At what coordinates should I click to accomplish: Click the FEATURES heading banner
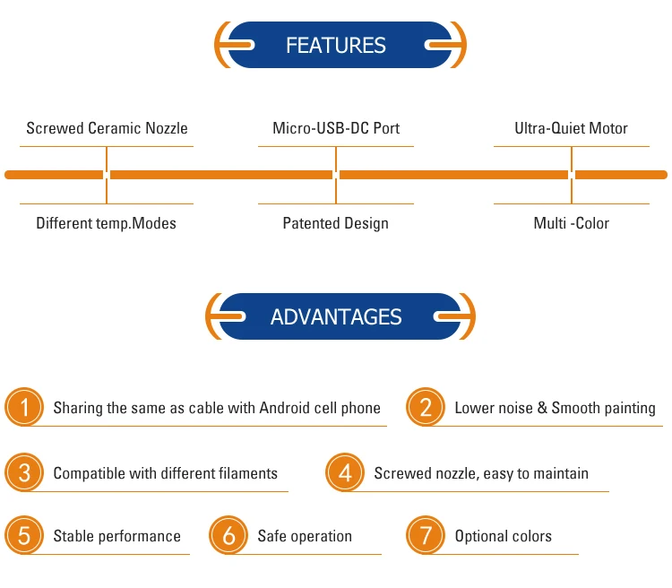[x=336, y=45]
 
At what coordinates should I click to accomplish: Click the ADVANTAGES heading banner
[x=336, y=316]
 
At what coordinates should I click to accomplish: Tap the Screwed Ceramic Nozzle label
[x=107, y=128]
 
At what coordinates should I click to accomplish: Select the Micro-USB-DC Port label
[x=336, y=128]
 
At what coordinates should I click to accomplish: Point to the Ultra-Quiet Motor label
[x=571, y=128]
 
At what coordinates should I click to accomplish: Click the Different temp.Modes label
[x=106, y=223]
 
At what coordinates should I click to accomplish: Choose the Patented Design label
[x=336, y=223]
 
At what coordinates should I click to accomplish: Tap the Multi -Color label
[x=571, y=223]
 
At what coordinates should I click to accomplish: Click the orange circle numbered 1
[x=24, y=408]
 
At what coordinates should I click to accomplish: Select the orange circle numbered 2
[x=426, y=408]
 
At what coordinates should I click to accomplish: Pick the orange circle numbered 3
[x=24, y=472]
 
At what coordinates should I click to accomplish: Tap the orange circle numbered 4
[x=345, y=472]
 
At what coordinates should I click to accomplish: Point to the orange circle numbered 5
[x=24, y=536]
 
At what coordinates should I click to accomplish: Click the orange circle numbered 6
[x=228, y=536]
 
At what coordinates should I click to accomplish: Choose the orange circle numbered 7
[x=426, y=536]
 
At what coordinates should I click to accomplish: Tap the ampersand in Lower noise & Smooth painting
[x=541, y=408]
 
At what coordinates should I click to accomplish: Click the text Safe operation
[x=305, y=536]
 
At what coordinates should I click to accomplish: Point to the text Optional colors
[x=503, y=536]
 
